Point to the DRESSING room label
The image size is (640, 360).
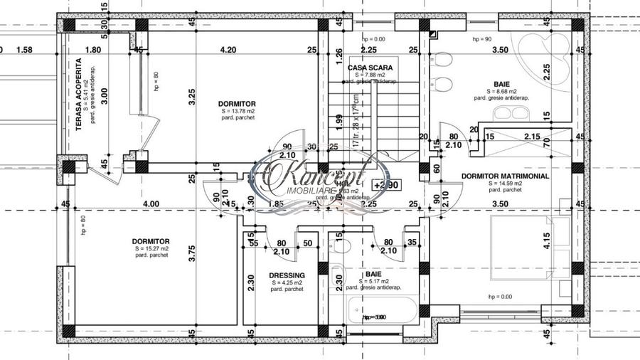(287, 275)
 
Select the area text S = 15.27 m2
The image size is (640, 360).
(151, 249)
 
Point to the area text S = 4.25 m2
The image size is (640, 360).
(287, 283)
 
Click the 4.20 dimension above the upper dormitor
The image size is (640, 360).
(228, 50)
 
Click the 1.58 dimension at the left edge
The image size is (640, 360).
(24, 50)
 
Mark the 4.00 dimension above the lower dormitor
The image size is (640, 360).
(150, 204)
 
